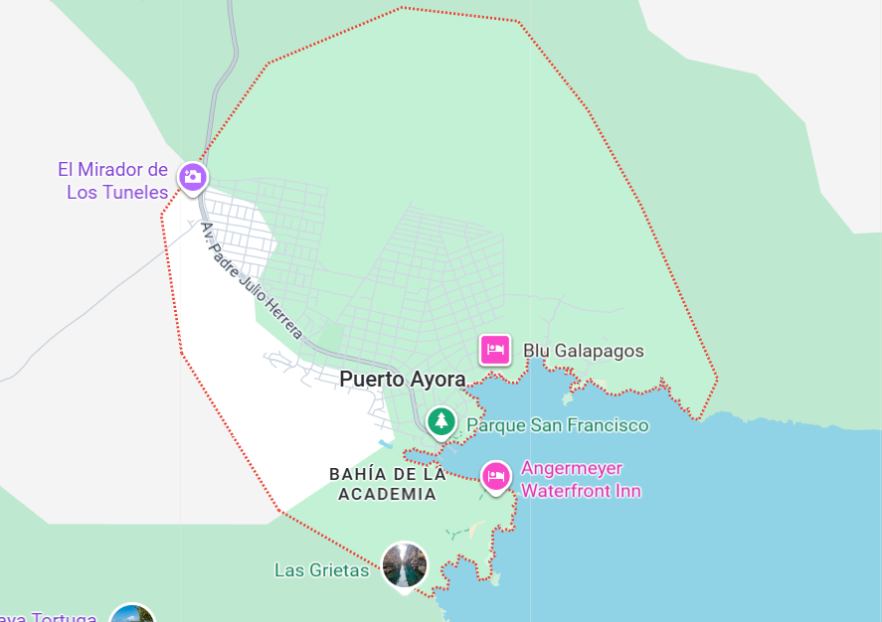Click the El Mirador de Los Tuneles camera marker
point(192,177)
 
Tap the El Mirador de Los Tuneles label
point(112,181)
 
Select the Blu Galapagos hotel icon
point(495,350)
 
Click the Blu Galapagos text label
point(584,351)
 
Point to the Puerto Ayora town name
point(402,379)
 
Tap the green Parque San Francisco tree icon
point(441,421)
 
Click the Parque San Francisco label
point(557,425)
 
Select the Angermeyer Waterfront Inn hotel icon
point(495,476)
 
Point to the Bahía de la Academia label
point(388,484)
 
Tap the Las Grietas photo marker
point(405,565)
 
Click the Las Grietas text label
point(321,570)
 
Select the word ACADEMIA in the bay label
point(388,494)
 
